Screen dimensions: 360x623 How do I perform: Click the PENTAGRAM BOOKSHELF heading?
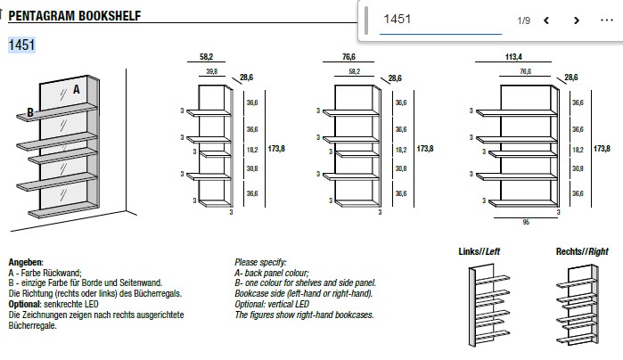(73, 17)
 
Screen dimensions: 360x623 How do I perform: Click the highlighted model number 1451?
(21, 45)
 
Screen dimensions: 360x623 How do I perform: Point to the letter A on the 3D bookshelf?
(77, 89)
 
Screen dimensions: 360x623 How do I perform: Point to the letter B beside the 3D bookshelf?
(30, 112)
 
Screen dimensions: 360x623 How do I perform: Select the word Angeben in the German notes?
(26, 262)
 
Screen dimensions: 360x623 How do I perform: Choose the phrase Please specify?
(260, 262)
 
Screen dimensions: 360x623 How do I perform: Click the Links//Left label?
(479, 251)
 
